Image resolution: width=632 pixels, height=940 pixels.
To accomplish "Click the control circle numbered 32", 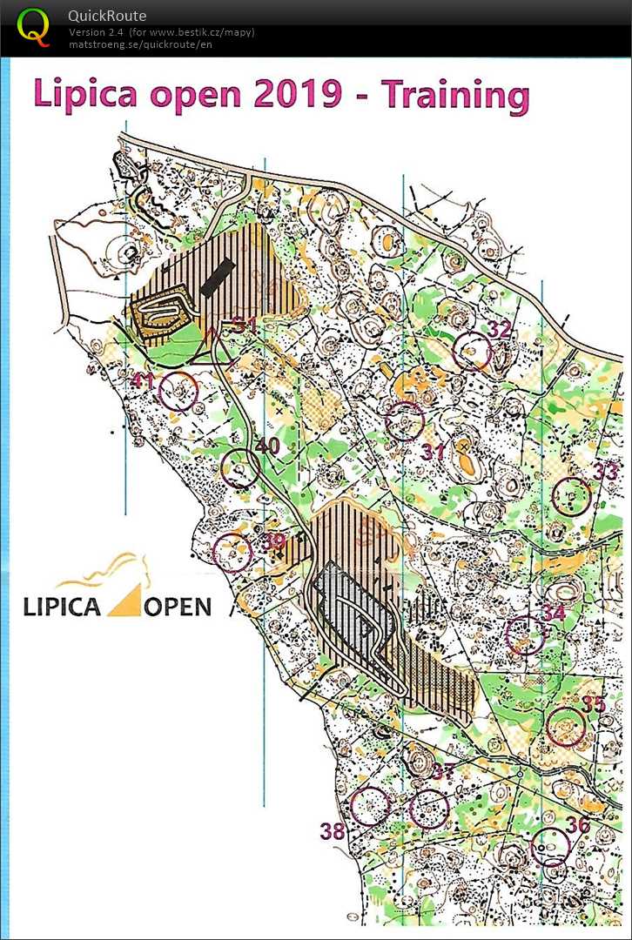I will click(x=472, y=352).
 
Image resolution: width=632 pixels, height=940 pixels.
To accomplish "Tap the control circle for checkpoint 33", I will click(x=572, y=496).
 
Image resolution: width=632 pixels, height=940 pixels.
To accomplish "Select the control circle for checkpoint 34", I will click(x=525, y=635).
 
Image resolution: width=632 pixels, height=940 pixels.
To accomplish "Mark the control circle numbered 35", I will click(x=565, y=727).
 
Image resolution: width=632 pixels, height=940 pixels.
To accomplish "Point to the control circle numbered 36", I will click(x=550, y=845).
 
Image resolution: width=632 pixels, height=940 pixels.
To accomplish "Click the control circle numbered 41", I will click(x=179, y=391).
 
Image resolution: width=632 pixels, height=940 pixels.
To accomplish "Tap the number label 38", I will click(x=332, y=831).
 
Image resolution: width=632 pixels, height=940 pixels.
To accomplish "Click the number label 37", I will click(x=443, y=772).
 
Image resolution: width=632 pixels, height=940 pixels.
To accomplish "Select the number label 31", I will click(x=433, y=452).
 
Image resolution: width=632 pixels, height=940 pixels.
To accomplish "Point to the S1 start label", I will click(x=244, y=326).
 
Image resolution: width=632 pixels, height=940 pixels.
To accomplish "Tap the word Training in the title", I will click(x=454, y=95).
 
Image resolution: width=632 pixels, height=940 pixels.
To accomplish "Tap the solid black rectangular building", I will click(x=217, y=275).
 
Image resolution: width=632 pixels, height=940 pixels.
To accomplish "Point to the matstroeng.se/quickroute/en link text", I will click(x=140, y=44).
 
